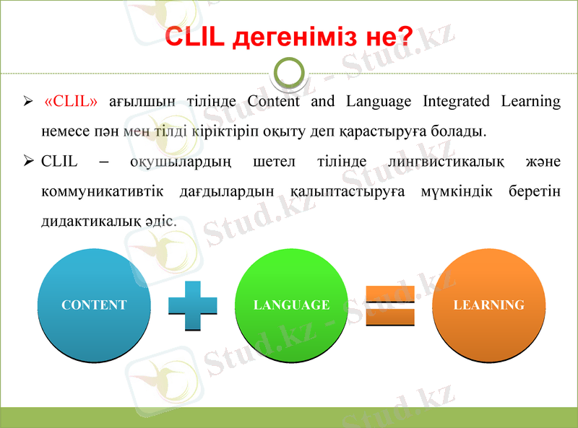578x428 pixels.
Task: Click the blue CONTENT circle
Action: (94, 305)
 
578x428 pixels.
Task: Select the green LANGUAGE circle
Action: (291, 305)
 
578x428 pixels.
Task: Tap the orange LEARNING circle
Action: (488, 305)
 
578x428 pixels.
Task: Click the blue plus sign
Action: (192, 306)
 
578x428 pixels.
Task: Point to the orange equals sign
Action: (389, 306)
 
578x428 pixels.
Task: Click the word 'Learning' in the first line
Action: (531, 101)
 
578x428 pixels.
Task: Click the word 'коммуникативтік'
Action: (102, 192)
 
